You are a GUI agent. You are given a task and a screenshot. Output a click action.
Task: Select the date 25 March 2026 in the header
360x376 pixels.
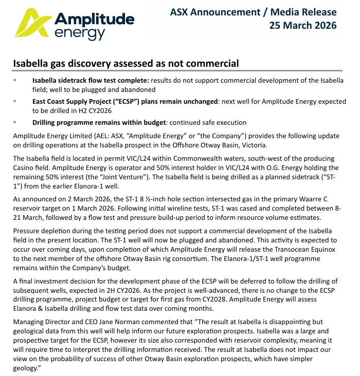(x=303, y=25)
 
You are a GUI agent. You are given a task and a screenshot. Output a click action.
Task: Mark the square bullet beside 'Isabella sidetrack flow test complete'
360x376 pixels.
(x=15, y=81)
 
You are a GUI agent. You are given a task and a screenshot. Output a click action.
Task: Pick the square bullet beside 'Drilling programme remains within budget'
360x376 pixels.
(x=15, y=122)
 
